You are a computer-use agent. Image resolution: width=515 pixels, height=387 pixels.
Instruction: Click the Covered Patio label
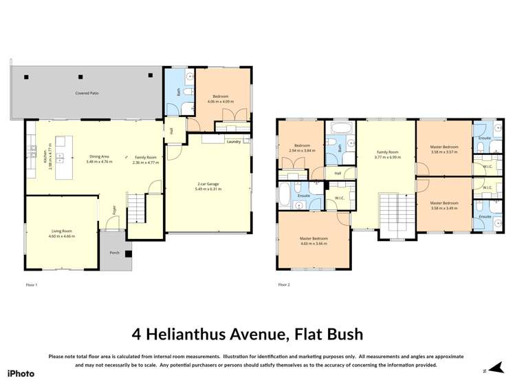point(87,92)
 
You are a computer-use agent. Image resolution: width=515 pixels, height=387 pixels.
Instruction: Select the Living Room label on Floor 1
point(62,233)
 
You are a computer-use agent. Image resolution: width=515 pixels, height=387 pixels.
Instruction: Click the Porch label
point(114,253)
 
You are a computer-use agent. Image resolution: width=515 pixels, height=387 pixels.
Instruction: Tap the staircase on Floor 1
point(138,207)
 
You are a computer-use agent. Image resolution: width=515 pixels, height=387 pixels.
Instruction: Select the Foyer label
point(115,209)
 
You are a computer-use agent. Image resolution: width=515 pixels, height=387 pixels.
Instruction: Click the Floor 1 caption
point(31,284)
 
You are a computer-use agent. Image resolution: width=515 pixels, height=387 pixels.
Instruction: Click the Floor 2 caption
point(284,284)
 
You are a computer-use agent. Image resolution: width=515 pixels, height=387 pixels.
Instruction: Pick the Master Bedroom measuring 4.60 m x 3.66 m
point(313,241)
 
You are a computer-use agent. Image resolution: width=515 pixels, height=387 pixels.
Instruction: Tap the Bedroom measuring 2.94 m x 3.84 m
point(302,149)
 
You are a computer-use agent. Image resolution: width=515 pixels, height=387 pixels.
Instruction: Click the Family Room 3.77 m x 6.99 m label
point(386,154)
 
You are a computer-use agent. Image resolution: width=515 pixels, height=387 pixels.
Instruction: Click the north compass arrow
point(489,370)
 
